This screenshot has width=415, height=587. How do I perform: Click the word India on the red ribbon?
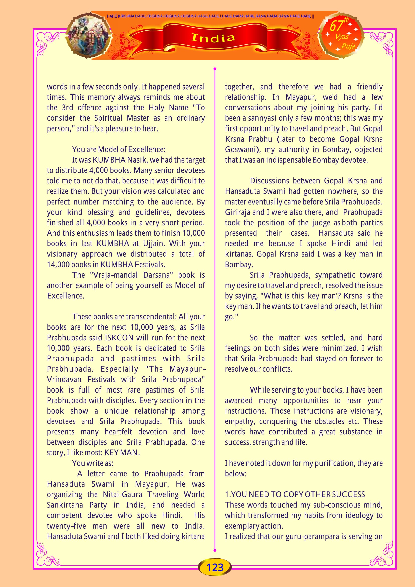pyautogui.click(x=213, y=38)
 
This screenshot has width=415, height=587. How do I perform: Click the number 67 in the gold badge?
pyautogui.click(x=336, y=26)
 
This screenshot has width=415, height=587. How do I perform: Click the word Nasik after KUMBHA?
pyautogui.click(x=137, y=160)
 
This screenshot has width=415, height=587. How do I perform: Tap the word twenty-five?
pyautogui.click(x=66, y=526)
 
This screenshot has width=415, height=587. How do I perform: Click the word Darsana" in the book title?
pyautogui.click(x=158, y=275)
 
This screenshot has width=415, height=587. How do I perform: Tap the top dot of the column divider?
pyautogui.click(x=215, y=69)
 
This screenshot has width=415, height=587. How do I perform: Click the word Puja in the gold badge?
pyautogui.click(x=348, y=46)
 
